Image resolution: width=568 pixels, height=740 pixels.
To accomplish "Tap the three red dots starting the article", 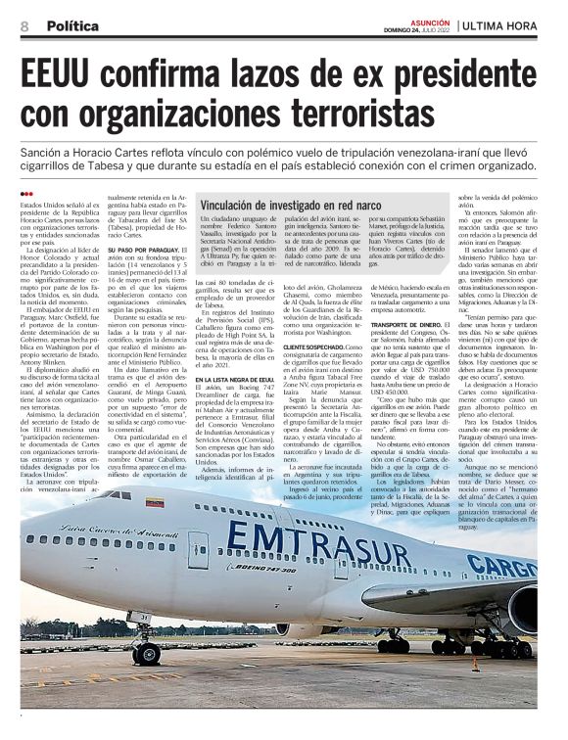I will click(x=26, y=194).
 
